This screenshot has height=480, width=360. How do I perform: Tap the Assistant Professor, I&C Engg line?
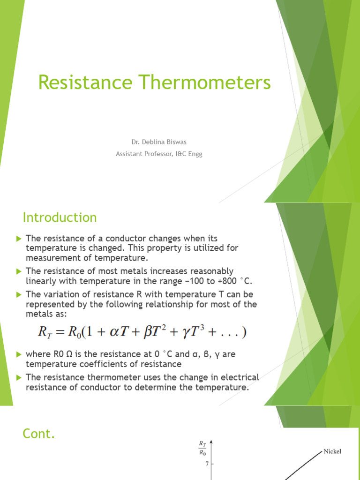[159, 154]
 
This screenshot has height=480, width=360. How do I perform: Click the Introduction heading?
[60, 217]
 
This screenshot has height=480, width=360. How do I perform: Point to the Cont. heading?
[39, 434]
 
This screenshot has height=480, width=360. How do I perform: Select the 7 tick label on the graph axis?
[206, 464]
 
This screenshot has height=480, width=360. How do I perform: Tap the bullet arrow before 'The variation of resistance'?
[19, 294]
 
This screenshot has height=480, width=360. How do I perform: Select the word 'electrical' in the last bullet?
[236, 377]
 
